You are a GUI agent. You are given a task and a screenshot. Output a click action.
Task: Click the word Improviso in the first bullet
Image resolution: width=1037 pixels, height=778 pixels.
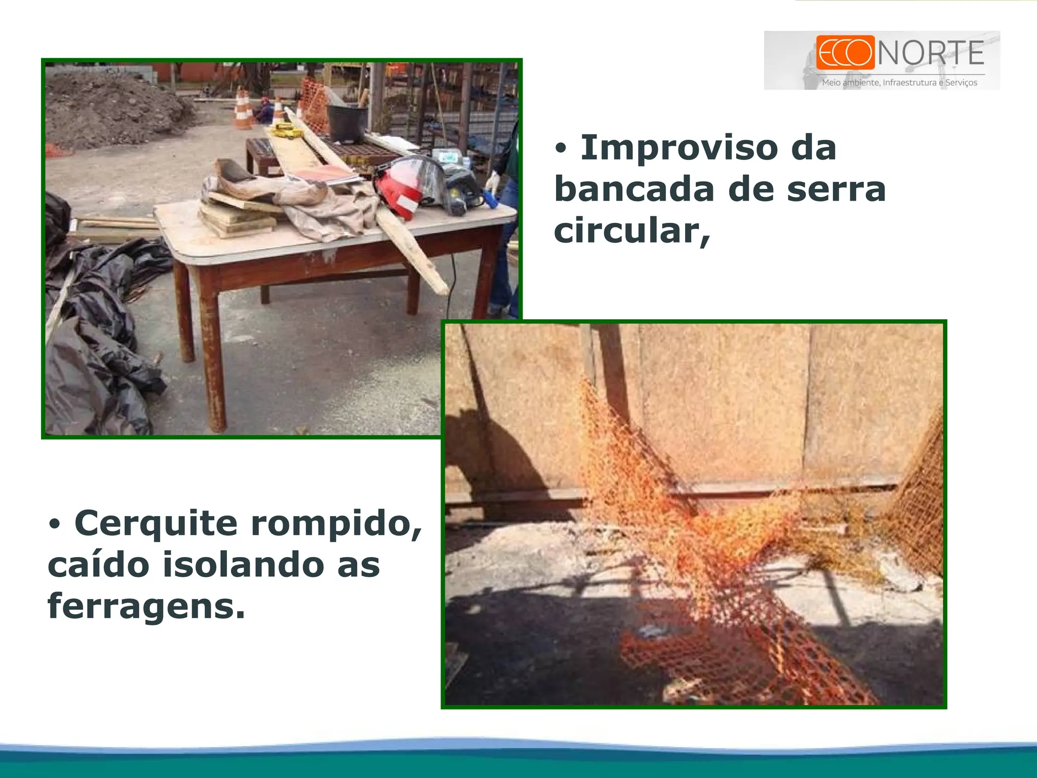coord(679,148)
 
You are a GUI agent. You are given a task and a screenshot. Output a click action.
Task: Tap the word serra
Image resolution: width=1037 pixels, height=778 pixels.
coord(835,189)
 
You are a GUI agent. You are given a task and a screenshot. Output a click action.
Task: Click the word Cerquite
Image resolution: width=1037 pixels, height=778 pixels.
coord(156,523)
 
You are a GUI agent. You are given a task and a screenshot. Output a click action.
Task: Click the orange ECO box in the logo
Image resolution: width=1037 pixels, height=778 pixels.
coord(845,52)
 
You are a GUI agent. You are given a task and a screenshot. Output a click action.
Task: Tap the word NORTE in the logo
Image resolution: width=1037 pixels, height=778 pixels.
coord(931,53)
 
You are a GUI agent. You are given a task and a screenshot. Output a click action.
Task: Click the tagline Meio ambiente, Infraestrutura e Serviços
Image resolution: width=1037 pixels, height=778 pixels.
coord(899,83)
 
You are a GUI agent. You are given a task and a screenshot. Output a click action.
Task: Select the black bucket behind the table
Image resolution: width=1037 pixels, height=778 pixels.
coord(348,122)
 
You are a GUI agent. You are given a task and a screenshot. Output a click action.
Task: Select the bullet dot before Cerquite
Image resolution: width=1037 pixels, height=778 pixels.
coord(55,524)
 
